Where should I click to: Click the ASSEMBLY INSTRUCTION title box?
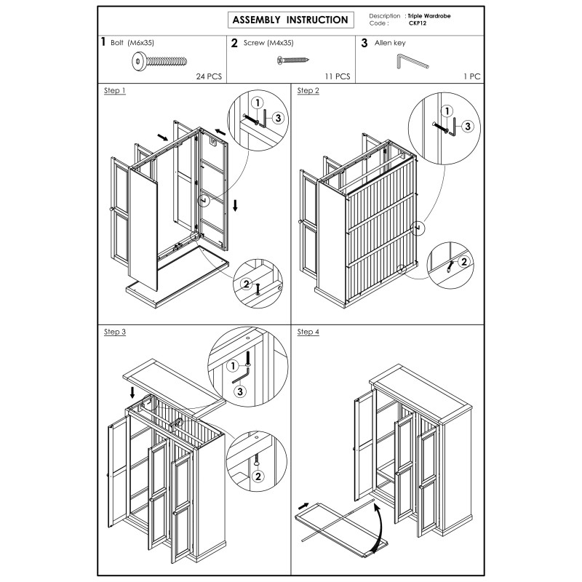click(290, 20)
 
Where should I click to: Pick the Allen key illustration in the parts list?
click(412, 64)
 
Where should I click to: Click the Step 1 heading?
click(115, 91)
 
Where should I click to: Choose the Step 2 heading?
click(308, 91)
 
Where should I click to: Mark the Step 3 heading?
click(115, 332)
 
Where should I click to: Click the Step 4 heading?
click(308, 332)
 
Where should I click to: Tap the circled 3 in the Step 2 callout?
click(468, 126)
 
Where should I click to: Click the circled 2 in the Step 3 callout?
click(256, 477)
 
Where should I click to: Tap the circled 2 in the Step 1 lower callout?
click(246, 284)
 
